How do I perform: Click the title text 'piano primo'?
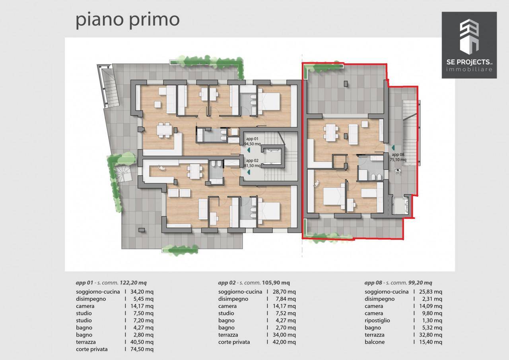pos(127,20)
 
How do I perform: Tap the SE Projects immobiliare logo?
pos(469,45)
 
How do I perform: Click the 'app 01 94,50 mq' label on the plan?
pos(252,141)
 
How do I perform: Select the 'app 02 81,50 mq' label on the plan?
pos(252,163)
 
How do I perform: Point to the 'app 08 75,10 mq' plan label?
pos(398,157)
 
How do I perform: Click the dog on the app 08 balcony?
pos(398,170)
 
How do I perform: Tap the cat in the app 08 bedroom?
pos(316,183)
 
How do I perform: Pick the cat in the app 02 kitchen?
pos(162,168)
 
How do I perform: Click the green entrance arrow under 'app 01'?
pos(249,150)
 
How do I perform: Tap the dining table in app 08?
pos(330,132)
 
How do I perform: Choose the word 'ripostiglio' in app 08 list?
pos(378,320)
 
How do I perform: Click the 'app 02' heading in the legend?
pos(227,283)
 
